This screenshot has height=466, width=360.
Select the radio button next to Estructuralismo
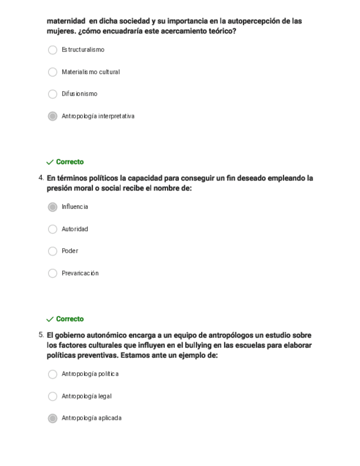pos(53,50)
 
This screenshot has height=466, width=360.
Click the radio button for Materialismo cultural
pos(53,72)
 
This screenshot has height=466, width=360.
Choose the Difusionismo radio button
pos(53,94)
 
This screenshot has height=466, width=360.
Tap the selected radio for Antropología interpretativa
pos(53,116)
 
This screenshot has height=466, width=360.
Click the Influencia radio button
pos(53,207)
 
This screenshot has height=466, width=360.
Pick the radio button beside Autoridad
pos(53,229)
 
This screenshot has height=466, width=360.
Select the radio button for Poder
pos(53,251)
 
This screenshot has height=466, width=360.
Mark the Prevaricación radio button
pos(53,273)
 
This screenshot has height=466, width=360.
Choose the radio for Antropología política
pos(53,374)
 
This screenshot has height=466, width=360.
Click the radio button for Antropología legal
pos(53,396)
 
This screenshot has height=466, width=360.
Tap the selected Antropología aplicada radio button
pos(53,418)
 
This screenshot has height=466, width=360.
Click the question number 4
pos(41,178)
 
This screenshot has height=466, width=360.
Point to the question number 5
pos(41,335)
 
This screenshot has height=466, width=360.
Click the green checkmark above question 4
pos(50,162)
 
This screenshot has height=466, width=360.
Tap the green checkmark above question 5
pos(50,319)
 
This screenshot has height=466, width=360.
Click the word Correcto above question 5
pos(70,319)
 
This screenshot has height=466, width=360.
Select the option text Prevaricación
pos(80,273)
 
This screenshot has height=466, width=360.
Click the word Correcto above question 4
pos(70,162)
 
